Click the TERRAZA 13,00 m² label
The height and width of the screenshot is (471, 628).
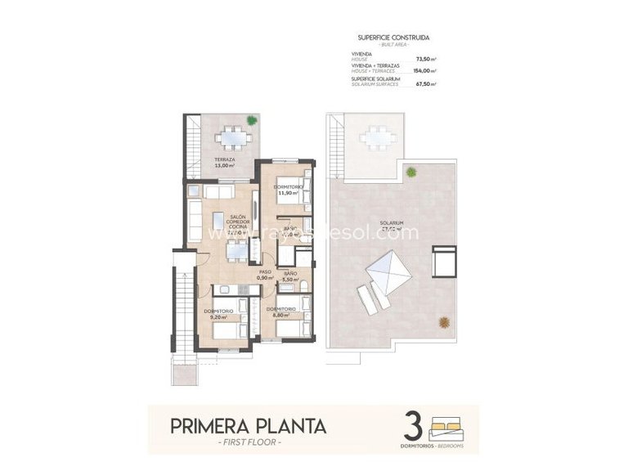[225, 163]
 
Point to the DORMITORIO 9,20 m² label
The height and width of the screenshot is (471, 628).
[218, 314]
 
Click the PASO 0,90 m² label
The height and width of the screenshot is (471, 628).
[265, 276]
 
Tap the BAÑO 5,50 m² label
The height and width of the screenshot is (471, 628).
[292, 276]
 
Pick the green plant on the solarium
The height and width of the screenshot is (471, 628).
[410, 172]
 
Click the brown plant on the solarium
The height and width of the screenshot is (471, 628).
[444, 321]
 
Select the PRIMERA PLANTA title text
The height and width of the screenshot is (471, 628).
[248, 426]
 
